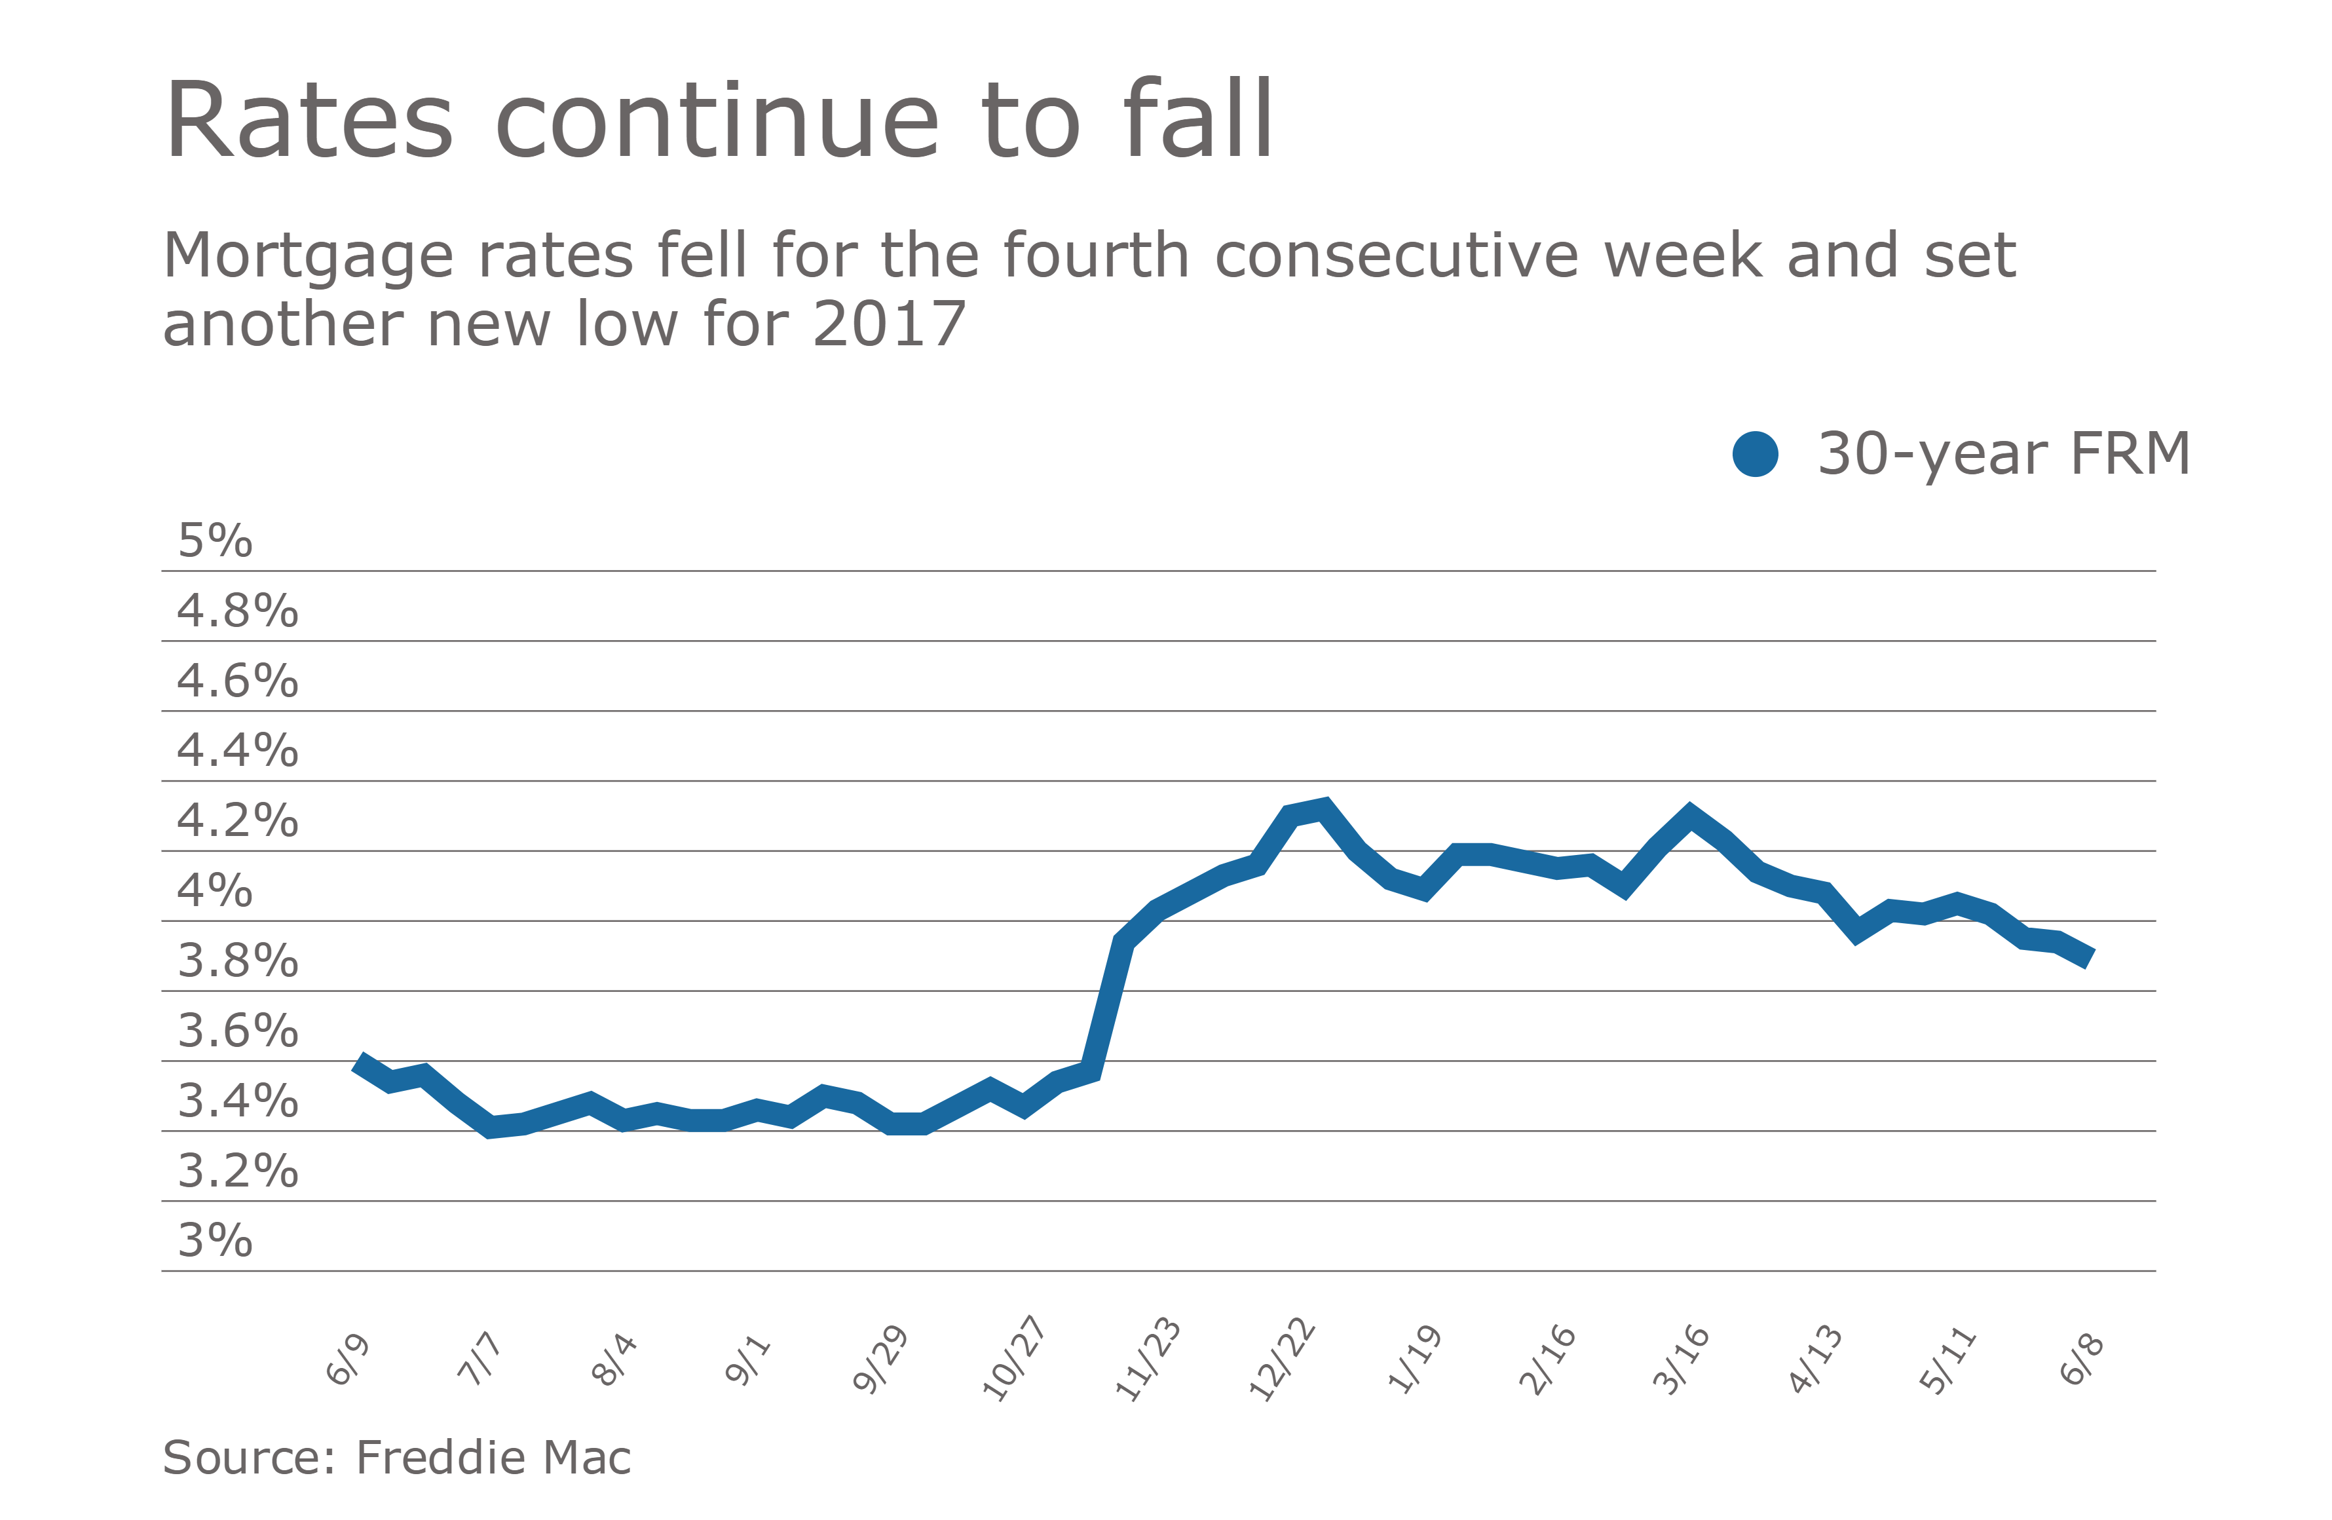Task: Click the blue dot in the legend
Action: [1755, 454]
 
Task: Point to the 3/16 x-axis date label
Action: [1682, 1359]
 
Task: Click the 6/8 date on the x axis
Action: [2081, 1359]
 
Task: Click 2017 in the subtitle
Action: [889, 324]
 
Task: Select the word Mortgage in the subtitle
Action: [308, 257]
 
